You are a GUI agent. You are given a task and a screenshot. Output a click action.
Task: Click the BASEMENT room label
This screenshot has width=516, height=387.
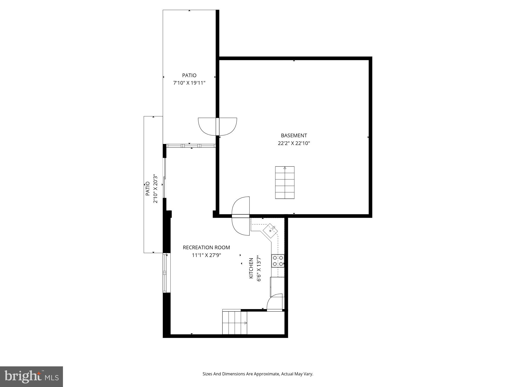[294, 135]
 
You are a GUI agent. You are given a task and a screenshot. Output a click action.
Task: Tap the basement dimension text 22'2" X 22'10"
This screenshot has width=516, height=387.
[294, 143]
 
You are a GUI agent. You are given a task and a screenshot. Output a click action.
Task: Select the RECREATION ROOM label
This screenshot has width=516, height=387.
[206, 247]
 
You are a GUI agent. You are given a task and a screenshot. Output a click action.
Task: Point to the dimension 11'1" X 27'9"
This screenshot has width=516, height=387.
[206, 255]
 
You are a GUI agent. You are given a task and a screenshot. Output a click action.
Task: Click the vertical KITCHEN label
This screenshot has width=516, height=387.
[251, 268]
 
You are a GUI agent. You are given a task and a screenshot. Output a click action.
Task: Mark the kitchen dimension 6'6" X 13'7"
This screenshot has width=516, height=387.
[259, 269]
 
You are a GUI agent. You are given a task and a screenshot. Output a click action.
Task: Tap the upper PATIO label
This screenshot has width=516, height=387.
[189, 75]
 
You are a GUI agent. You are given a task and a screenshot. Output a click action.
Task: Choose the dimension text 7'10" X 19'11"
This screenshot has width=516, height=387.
[189, 83]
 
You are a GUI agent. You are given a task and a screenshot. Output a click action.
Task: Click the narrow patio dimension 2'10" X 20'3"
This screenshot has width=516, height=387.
[155, 189]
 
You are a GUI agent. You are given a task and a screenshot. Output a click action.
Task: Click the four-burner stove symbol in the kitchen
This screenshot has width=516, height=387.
[278, 261]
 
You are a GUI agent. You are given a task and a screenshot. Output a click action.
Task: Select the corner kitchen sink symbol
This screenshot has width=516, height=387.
[270, 230]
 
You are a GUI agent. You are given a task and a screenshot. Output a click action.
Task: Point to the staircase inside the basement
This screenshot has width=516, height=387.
[285, 182]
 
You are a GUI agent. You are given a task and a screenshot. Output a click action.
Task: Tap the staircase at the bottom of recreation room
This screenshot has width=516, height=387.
[235, 323]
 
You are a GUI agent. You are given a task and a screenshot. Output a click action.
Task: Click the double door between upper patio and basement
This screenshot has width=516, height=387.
[217, 126]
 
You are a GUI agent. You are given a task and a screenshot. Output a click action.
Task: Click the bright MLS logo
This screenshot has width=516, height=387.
[31, 376]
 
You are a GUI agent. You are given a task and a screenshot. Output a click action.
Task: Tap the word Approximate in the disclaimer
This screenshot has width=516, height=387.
[267, 374]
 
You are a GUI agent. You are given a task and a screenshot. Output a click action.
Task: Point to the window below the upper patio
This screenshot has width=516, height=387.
[191, 146]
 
